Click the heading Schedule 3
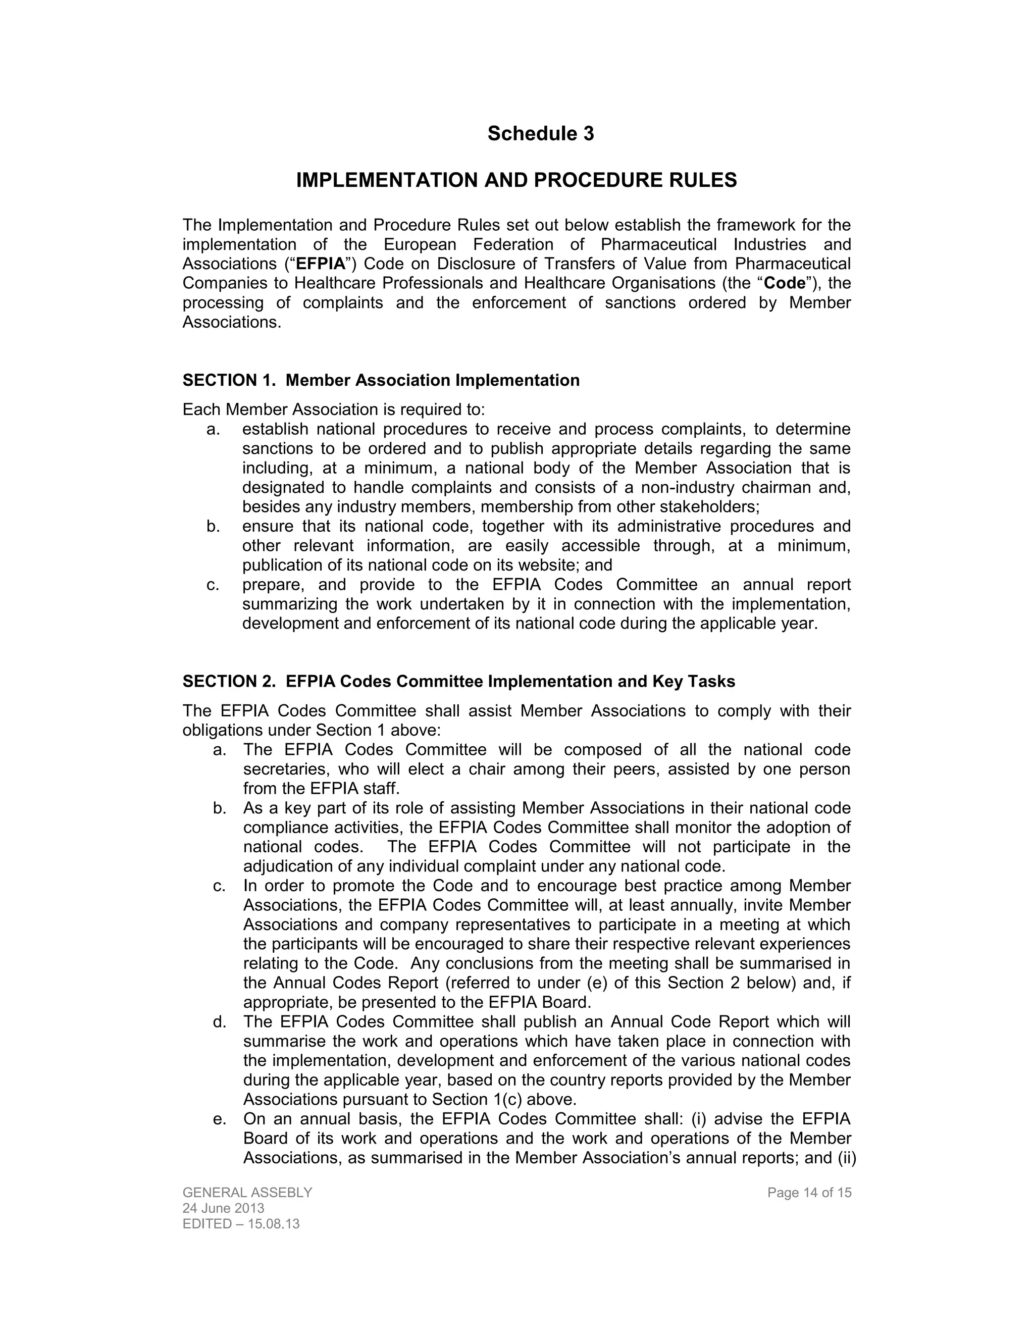pyautogui.click(x=540, y=134)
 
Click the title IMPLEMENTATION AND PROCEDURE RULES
pyautogui.click(x=516, y=180)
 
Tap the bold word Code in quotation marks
pyautogui.click(x=785, y=284)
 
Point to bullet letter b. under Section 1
pyautogui.click(x=213, y=526)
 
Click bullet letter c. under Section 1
pyautogui.click(x=213, y=585)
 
